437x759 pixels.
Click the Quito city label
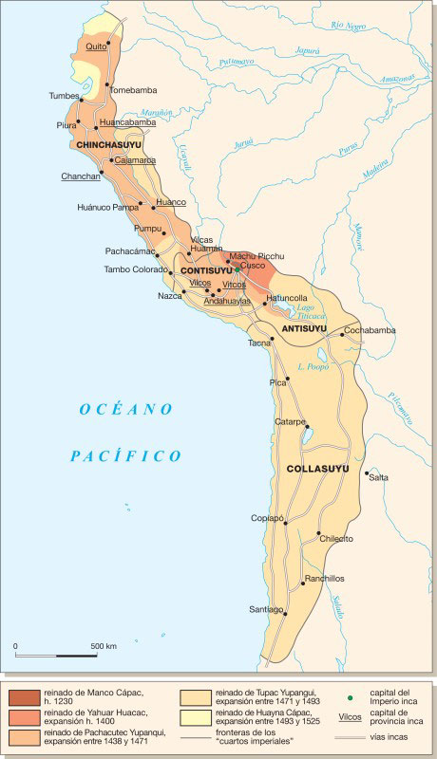(96, 46)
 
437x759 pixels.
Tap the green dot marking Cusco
(237, 269)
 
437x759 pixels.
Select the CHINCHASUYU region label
(108, 144)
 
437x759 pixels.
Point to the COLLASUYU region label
(317, 469)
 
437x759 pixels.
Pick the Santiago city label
(266, 608)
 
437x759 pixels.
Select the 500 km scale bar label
(104, 646)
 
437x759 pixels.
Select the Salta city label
(378, 477)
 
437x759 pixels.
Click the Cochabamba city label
(370, 330)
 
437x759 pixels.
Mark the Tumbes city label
(65, 96)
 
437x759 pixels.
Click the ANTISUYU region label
(304, 328)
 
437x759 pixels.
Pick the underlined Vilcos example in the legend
(351, 718)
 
